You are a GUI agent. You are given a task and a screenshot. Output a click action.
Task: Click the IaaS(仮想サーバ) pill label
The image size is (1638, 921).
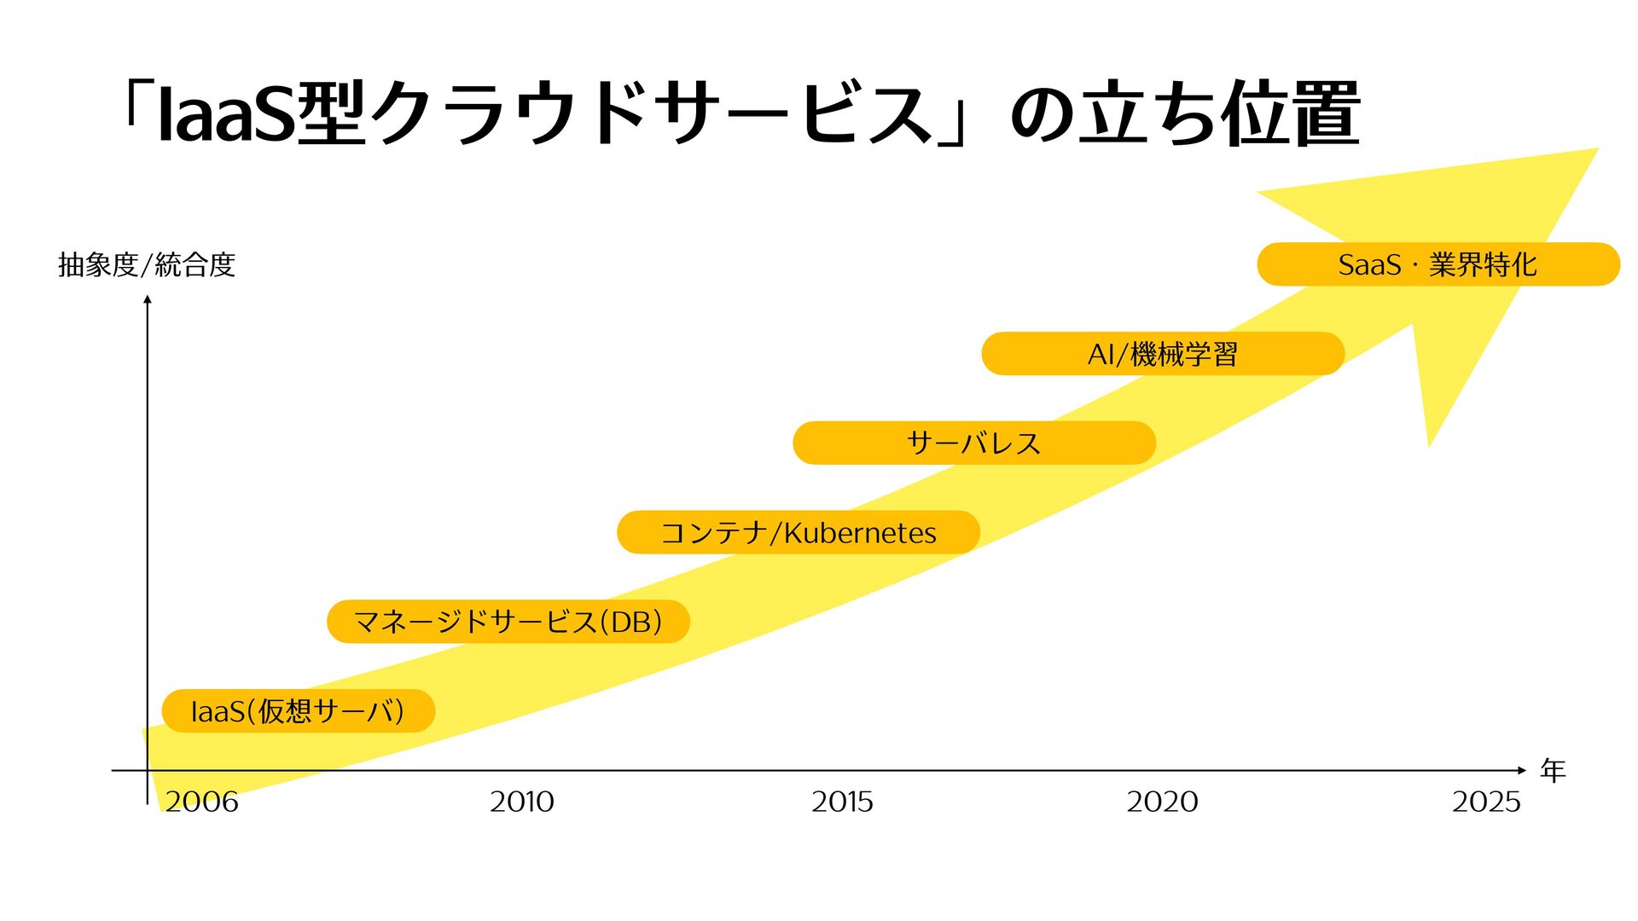pos(298,711)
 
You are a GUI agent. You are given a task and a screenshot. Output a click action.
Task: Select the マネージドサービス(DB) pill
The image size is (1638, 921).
pos(508,622)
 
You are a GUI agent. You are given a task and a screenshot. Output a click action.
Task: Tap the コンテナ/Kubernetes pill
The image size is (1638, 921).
pos(798,533)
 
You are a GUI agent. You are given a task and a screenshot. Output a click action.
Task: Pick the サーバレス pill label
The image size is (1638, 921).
pos(973,443)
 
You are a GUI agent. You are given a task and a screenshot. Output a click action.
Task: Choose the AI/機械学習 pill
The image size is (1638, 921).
pos(1162,354)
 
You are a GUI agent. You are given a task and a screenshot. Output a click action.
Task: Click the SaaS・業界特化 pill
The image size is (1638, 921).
pos(1438,264)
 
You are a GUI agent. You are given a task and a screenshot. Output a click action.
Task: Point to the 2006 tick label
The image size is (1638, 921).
pos(201,802)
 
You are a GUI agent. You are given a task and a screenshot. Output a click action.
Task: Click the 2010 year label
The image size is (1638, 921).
pos(521,802)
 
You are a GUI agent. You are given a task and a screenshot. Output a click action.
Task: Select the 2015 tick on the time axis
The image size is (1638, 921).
pos(842,802)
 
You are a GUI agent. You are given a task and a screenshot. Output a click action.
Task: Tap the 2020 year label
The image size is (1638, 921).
pos(1162,802)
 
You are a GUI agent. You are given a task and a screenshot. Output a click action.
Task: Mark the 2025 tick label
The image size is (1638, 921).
pos(1486,802)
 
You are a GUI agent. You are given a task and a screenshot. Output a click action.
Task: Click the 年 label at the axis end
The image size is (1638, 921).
pos(1553,771)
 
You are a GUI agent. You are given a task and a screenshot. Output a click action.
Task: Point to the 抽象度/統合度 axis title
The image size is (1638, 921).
pos(147,265)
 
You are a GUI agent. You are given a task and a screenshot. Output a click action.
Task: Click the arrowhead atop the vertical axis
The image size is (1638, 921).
pos(148,299)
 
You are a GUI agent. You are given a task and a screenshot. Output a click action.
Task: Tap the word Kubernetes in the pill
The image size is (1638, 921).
pos(860,533)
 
